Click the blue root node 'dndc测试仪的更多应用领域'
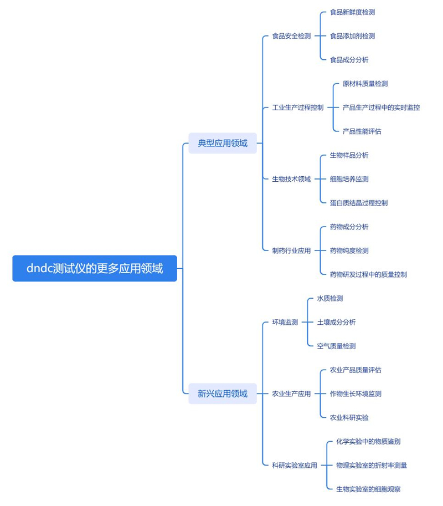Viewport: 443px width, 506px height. tap(95, 268)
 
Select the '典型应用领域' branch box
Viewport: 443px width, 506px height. tap(223, 143)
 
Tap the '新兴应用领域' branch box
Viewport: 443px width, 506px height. tap(223, 393)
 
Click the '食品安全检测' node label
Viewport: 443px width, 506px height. tap(291, 36)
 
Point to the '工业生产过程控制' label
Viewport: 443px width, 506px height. tap(297, 108)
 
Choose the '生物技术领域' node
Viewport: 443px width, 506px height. tap(291, 179)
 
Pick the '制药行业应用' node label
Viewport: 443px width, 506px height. tap(291, 251)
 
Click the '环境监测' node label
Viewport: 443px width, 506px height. tap(285, 322)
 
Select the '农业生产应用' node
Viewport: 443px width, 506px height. tap(291, 393)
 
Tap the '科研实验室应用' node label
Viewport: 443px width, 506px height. tap(295, 466)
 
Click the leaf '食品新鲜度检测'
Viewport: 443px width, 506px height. tap(352, 12)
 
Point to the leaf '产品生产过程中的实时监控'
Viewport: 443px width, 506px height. tap(381, 108)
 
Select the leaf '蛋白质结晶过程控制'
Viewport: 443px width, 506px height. tap(359, 203)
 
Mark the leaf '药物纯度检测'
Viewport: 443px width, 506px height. tap(349, 251)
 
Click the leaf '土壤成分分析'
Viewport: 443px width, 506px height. tap(336, 322)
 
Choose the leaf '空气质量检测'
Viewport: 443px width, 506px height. tap(336, 346)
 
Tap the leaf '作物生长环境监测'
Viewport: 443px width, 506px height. tap(356, 393)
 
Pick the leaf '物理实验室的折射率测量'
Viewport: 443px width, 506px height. tap(372, 466)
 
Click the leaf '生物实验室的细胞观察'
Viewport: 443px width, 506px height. tap(368, 489)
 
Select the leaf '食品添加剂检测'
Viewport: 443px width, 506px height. tap(352, 36)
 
